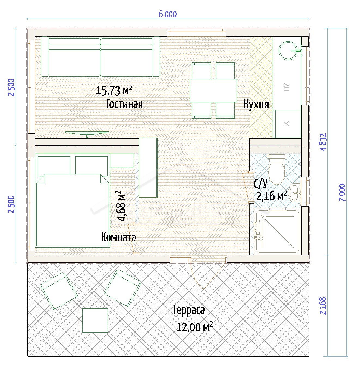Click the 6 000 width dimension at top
coord(168,14)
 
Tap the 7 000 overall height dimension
coord(342,192)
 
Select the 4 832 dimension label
coord(324,142)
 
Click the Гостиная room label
coord(124,104)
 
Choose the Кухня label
coord(256,104)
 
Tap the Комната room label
coord(118,237)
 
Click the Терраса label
coord(188,310)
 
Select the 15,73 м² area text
coord(114,90)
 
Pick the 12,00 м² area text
coord(194,327)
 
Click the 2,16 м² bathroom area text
coord(272,196)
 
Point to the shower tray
coord(278,232)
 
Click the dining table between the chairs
coord(213,90)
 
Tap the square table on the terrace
coord(95,321)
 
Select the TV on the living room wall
coord(87,134)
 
